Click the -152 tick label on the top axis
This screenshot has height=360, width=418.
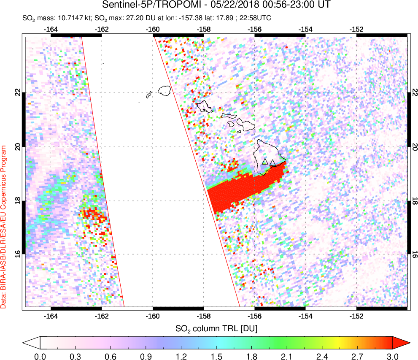click(357, 29)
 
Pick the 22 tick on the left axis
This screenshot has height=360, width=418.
click(17, 92)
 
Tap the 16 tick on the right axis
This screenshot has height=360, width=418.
click(415, 254)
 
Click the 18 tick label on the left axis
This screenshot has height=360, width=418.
click(17, 200)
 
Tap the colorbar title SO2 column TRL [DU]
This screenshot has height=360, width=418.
click(216, 328)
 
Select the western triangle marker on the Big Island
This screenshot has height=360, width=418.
click(265, 161)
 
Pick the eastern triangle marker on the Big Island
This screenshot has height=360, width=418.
click(272, 162)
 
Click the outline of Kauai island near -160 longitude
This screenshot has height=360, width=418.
click(165, 90)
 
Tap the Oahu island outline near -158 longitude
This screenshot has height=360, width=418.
click(205, 107)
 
